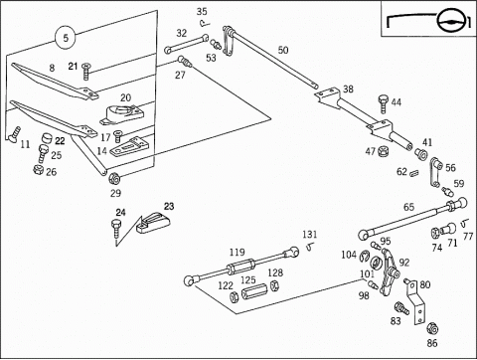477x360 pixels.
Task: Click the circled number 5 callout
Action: tap(66, 37)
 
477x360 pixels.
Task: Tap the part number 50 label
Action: tap(283, 50)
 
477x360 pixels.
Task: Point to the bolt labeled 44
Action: tap(384, 103)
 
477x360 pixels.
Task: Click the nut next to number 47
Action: tap(384, 151)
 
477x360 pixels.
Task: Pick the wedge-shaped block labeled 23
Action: tap(153, 223)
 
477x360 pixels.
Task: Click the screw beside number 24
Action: tap(116, 229)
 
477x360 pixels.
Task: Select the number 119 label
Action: tap(237, 253)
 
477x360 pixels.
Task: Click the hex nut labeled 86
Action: tap(431, 328)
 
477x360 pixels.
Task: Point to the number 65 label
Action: tap(408, 207)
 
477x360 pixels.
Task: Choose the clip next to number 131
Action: tap(310, 248)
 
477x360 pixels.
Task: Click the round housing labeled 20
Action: tap(122, 114)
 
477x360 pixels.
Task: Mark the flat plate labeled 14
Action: tap(127, 146)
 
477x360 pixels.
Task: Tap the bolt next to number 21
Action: tap(86, 71)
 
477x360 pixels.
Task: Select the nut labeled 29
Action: tap(113, 179)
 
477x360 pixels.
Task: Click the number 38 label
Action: tap(348, 90)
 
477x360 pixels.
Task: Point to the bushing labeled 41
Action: tap(421, 153)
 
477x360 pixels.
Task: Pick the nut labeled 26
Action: tap(39, 170)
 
